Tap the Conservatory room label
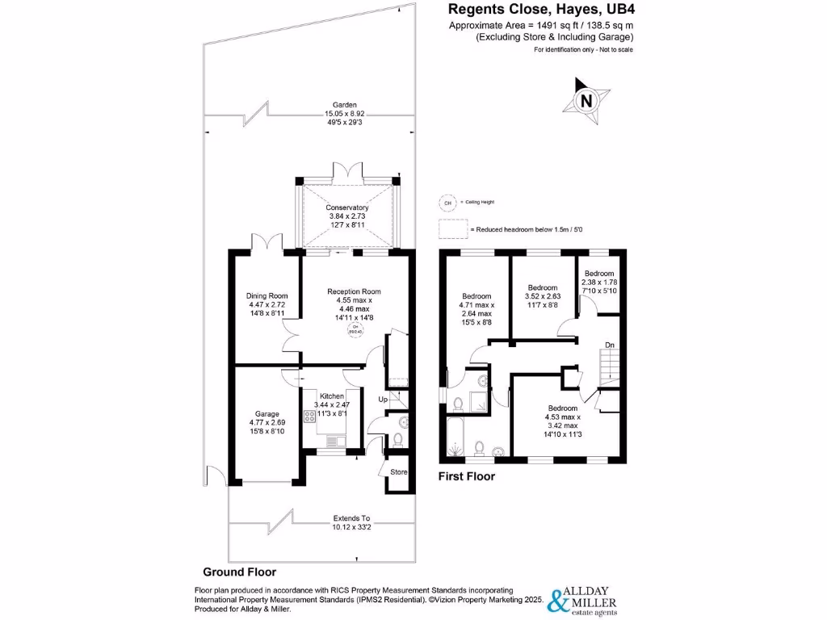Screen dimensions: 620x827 click(x=347, y=207)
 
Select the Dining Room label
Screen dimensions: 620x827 click(x=267, y=295)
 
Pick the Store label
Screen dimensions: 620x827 click(x=399, y=472)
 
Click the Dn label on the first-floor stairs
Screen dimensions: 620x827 click(x=610, y=346)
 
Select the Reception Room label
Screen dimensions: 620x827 click(x=354, y=291)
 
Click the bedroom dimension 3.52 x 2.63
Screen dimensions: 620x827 click(x=543, y=297)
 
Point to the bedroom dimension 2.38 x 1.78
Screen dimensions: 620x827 click(x=600, y=282)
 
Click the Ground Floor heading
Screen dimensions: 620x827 click(x=239, y=572)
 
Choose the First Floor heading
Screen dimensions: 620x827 click(x=466, y=476)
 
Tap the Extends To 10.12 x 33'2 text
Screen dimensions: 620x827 click(x=352, y=523)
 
